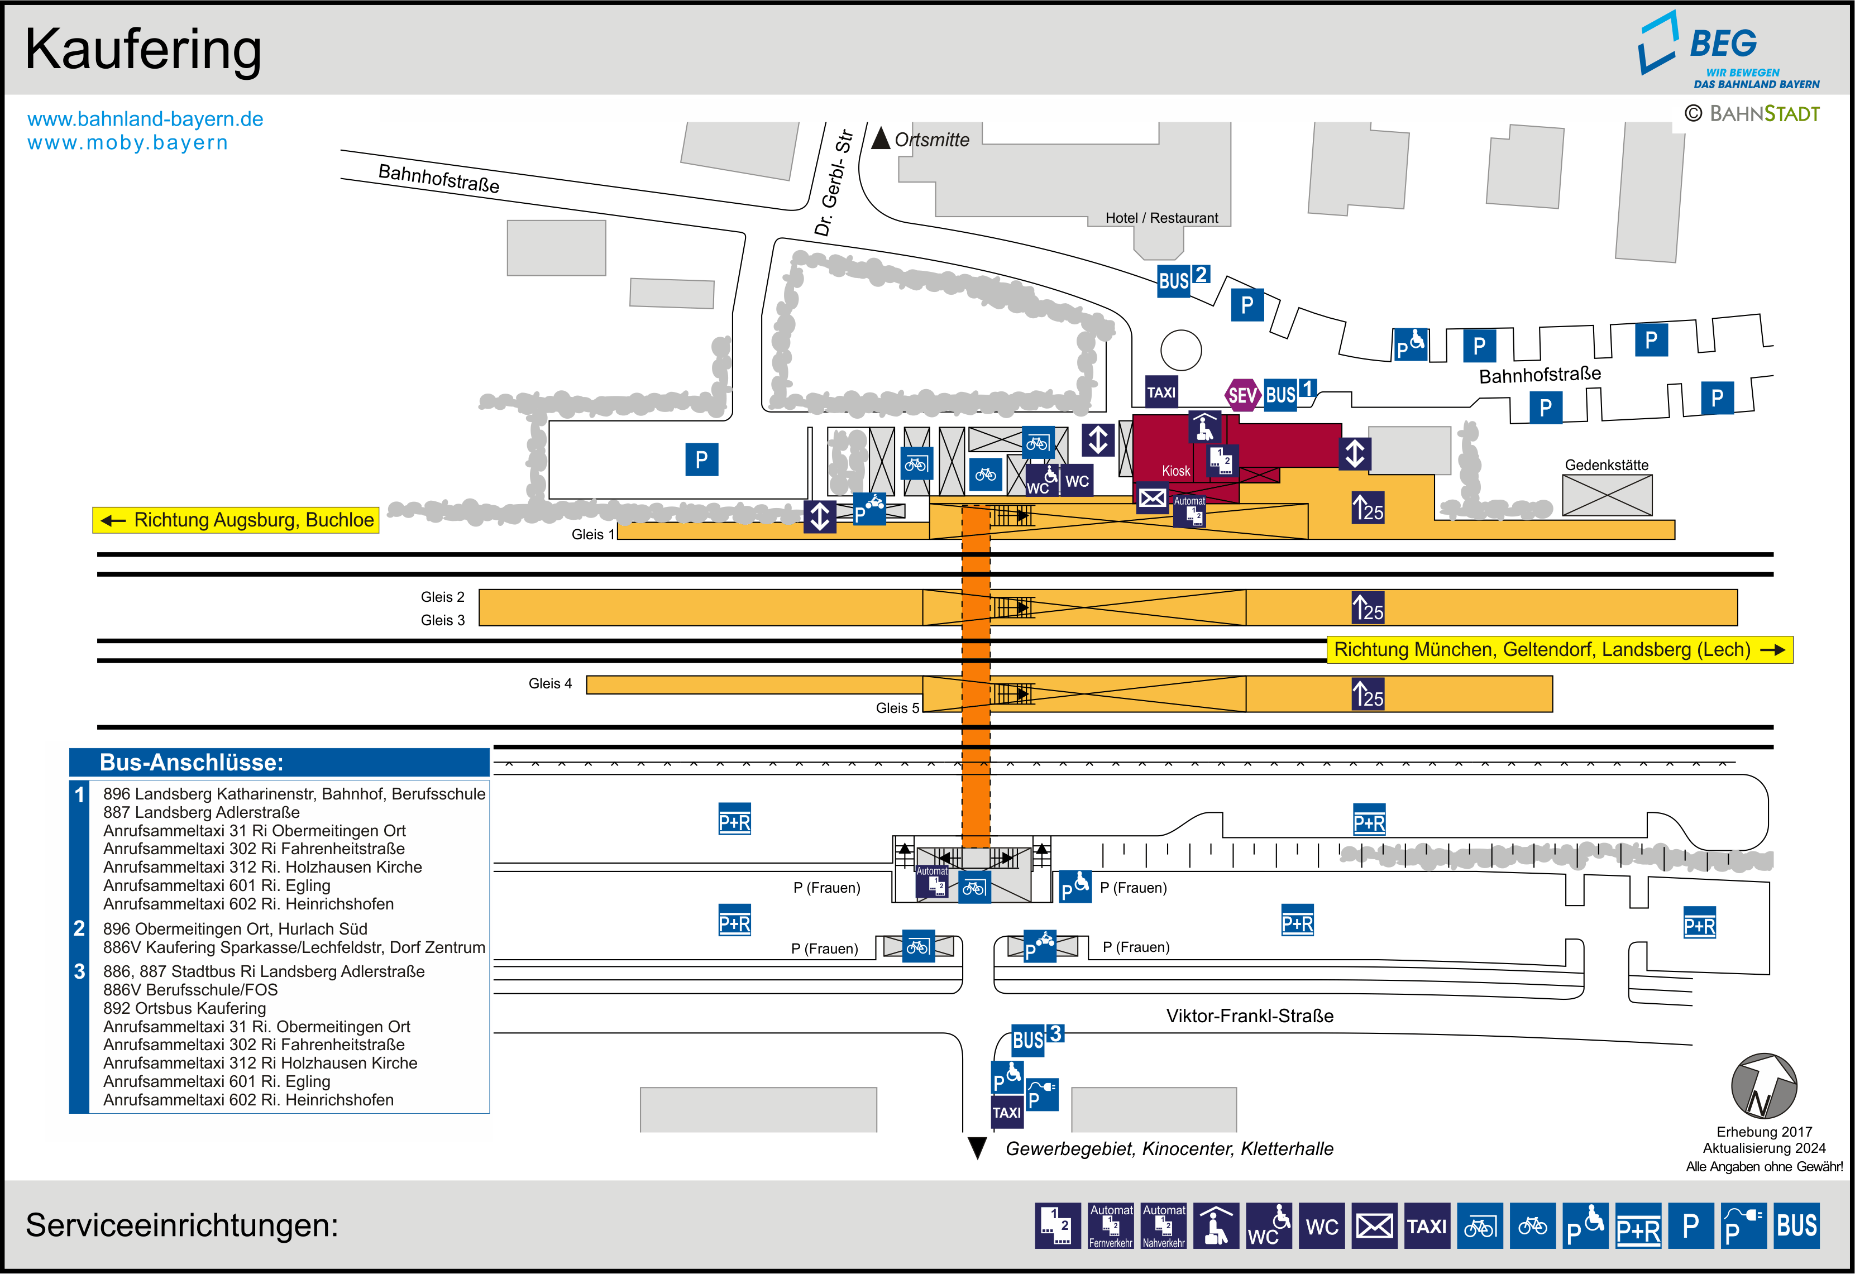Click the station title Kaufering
click(x=144, y=50)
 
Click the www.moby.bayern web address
click(x=128, y=143)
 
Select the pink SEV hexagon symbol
click(x=1242, y=394)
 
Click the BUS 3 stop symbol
click(x=1036, y=1040)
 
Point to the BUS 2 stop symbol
click(x=1182, y=279)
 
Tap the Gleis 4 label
click(x=550, y=683)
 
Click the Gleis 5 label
click(x=897, y=708)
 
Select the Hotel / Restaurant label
click(x=1161, y=218)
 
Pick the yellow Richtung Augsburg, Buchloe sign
click(x=236, y=520)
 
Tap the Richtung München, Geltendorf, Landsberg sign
click(x=1559, y=650)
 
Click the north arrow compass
click(x=1763, y=1086)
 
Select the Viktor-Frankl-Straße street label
click(x=1249, y=1016)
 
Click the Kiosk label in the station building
click(x=1176, y=471)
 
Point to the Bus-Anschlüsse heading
click(x=192, y=762)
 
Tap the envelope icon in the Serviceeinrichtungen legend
click(x=1374, y=1225)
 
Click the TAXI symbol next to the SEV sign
click(x=1161, y=392)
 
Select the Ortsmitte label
click(x=931, y=140)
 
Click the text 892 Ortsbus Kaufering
click(x=184, y=1008)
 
